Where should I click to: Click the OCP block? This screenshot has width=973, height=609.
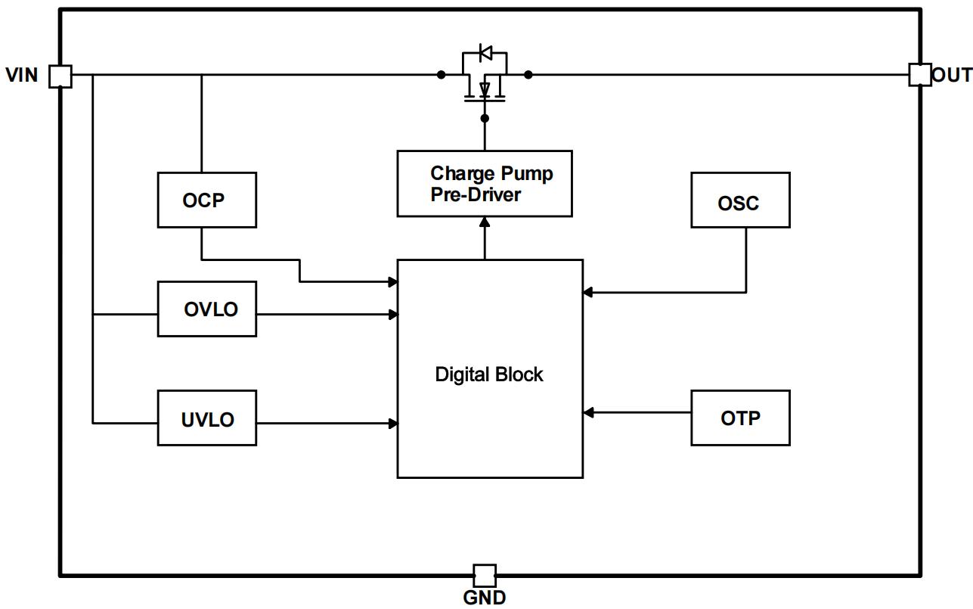pos(206,200)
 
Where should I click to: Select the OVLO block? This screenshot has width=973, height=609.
pos(206,309)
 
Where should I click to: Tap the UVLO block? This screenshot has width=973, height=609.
pos(206,418)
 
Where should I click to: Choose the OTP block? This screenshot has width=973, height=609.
pos(740,418)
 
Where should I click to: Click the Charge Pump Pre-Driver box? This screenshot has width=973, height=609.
pos(485,184)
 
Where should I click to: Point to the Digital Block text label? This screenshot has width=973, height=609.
pos(489,374)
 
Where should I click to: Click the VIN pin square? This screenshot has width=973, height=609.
pos(60,76)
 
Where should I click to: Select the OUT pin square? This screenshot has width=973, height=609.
pos(920,74)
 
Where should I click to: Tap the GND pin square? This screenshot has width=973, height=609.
pos(485,576)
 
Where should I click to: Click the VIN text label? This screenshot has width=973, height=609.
pos(22,76)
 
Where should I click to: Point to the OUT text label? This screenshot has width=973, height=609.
pos(952,75)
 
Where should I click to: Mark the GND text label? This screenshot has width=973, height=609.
pos(485,598)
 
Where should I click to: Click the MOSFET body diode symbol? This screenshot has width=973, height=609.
pos(485,53)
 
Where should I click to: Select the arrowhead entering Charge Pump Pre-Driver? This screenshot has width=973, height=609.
pos(485,222)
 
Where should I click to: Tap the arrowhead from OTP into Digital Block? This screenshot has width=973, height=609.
pos(588,412)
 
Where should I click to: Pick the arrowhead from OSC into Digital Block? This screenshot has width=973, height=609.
pos(588,292)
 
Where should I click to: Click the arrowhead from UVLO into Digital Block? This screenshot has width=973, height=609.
pos(393,424)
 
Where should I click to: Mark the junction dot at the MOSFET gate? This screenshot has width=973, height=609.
pos(485,118)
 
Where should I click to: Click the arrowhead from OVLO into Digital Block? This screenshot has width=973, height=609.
pos(393,314)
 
